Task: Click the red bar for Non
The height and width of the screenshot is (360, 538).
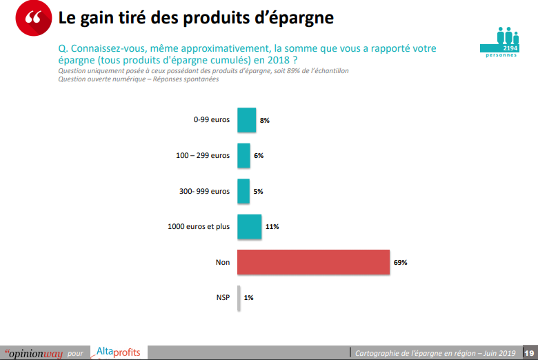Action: (x=314, y=262)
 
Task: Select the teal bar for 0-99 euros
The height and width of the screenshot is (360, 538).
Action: (x=246, y=120)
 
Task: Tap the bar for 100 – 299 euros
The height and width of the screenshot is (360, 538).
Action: (x=243, y=156)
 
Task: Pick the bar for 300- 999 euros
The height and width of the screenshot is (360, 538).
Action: (x=243, y=191)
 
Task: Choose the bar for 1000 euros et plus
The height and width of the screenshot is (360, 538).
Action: (x=249, y=226)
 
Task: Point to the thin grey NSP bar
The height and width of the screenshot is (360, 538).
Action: (x=239, y=298)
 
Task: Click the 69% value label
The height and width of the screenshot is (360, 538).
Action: (x=401, y=262)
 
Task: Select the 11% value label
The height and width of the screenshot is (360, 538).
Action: (x=272, y=226)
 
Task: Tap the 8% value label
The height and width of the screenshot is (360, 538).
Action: (x=264, y=120)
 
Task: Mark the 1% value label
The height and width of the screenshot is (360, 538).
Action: (x=248, y=298)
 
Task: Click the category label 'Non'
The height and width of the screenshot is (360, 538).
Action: (x=223, y=262)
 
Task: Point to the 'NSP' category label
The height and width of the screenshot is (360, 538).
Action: (x=222, y=298)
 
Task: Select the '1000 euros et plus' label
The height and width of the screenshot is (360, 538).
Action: (x=199, y=226)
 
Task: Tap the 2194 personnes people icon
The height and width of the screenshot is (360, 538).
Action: (x=508, y=41)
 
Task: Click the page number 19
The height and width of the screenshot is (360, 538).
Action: (x=530, y=353)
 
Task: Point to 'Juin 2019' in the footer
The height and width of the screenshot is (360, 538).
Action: (x=498, y=353)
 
